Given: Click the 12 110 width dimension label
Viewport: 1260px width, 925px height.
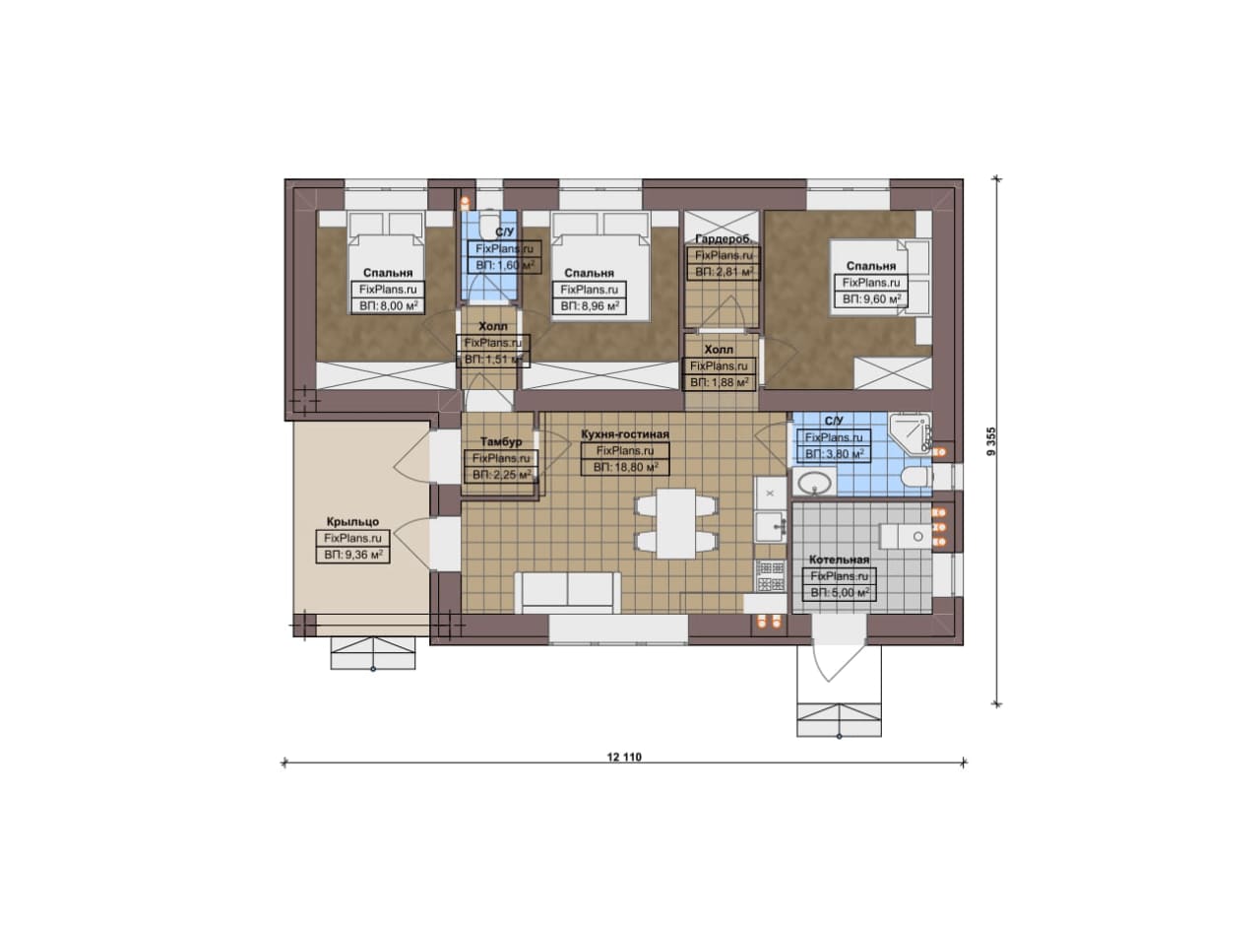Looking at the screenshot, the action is click(x=624, y=758).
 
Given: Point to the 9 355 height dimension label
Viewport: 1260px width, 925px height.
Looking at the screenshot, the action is click(x=991, y=441).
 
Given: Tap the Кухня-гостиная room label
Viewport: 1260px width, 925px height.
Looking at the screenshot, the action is click(x=625, y=434).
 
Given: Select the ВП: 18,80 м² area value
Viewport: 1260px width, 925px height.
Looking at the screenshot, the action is click(x=625, y=467).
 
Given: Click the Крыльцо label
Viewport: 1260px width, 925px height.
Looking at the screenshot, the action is click(x=352, y=522).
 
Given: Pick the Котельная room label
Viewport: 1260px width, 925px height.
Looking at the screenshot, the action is click(x=839, y=560).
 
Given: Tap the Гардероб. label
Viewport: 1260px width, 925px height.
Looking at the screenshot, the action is click(x=723, y=238).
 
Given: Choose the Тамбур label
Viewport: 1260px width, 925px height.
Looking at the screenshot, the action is click(x=501, y=442).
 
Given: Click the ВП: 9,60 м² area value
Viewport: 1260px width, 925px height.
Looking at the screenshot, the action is click(x=871, y=298).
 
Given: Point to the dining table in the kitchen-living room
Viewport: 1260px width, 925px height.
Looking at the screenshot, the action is click(x=676, y=523).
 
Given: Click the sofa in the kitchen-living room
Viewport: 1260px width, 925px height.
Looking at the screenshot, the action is click(x=568, y=592).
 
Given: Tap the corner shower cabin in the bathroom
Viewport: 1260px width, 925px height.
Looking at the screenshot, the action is click(x=910, y=432).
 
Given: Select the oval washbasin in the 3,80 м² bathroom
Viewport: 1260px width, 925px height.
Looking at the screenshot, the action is click(x=814, y=483).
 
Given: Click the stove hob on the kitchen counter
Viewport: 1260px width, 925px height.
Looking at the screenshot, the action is click(x=771, y=575).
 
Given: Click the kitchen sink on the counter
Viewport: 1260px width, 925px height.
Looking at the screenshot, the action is click(x=770, y=526).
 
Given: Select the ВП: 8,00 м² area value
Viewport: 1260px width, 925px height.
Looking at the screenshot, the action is click(x=388, y=305).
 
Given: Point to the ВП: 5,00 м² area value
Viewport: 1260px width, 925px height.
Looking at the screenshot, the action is click(x=840, y=592).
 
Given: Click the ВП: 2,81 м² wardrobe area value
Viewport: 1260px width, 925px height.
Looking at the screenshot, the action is click(x=724, y=272).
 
